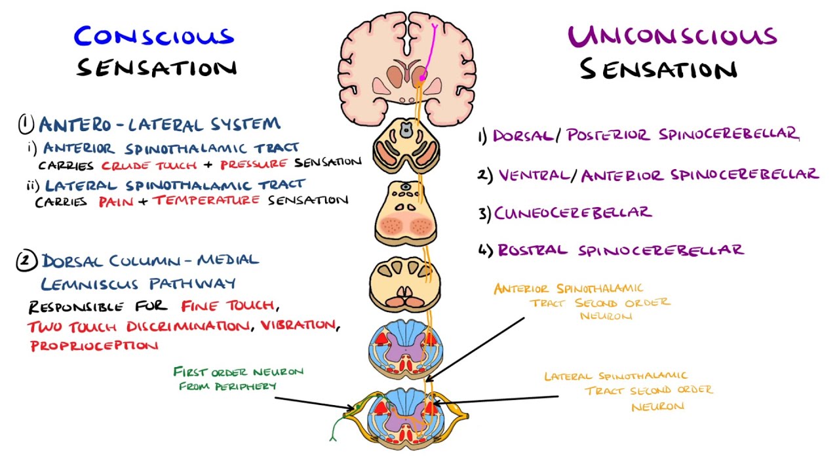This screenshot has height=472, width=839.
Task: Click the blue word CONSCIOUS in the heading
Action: pyautogui.click(x=153, y=36)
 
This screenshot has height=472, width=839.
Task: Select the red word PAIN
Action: pyautogui.click(x=116, y=201)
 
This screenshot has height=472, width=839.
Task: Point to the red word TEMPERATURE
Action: pyautogui.click(x=206, y=200)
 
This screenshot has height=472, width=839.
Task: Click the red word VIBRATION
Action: pyautogui.click(x=298, y=324)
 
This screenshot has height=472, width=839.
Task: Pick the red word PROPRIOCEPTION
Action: pyautogui.click(x=94, y=345)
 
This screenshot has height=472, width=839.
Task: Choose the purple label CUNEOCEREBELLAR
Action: pyautogui.click(x=573, y=212)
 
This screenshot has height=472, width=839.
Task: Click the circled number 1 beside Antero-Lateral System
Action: pyautogui.click(x=26, y=123)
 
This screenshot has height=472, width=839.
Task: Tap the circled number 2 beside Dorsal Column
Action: pyautogui.click(x=26, y=262)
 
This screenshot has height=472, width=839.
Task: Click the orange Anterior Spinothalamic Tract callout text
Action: pyautogui.click(x=582, y=302)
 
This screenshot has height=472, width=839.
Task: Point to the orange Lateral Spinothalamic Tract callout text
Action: pyautogui.click(x=628, y=391)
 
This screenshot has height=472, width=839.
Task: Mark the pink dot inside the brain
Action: pyautogui.click(x=423, y=77)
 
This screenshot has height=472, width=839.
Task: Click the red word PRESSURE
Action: pyautogui.click(x=255, y=163)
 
